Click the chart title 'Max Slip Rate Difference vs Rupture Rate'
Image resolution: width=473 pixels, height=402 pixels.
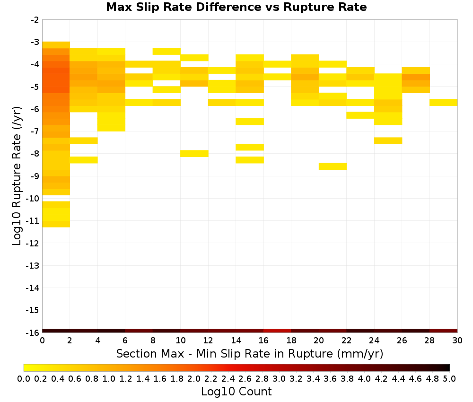click(x=236, y=7)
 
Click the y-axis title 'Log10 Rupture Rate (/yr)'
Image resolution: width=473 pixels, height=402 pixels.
click(x=17, y=176)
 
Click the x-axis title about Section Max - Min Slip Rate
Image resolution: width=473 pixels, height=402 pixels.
click(x=249, y=353)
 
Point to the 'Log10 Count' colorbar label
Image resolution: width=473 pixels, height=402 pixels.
click(x=236, y=392)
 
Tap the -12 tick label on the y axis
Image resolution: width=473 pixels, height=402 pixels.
click(x=33, y=243)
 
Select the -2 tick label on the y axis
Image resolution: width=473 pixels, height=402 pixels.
click(x=35, y=20)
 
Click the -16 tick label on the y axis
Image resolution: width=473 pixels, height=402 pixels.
click(x=33, y=332)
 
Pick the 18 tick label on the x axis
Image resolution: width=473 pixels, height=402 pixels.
click(x=291, y=341)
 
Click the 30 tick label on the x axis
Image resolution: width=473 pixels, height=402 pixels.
click(x=457, y=341)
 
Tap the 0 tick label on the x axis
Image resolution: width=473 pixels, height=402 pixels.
click(x=42, y=341)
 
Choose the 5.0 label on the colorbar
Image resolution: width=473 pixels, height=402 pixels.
click(x=449, y=378)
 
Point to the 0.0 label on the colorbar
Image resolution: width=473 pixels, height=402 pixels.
click(x=24, y=378)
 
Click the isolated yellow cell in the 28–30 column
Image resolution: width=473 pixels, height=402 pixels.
click(x=444, y=103)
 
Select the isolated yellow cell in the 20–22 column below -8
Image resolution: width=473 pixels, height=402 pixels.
click(x=333, y=166)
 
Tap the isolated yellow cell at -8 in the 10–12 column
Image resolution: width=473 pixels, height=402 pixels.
click(x=194, y=154)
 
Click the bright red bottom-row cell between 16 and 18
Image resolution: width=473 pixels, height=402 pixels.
click(x=277, y=331)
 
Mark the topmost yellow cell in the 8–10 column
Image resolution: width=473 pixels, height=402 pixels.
click(x=166, y=51)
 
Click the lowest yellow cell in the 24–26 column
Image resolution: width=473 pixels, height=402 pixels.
click(x=388, y=141)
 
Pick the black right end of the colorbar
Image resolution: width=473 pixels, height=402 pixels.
click(x=447, y=367)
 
